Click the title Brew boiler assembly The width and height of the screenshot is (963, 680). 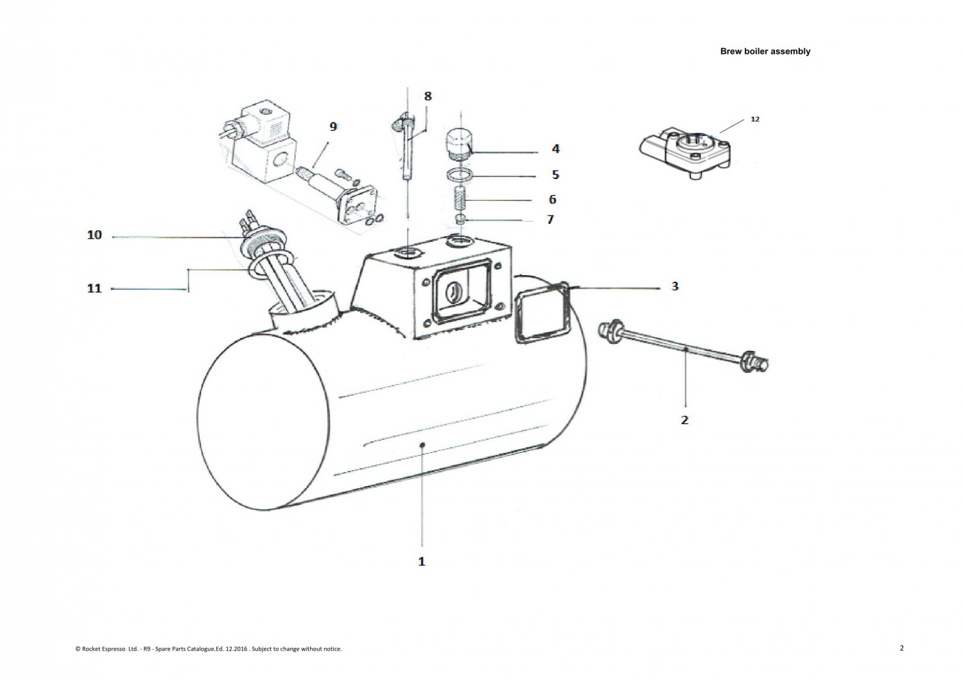pos(765,51)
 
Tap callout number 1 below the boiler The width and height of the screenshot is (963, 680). pos(422,561)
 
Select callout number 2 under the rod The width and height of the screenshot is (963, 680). pos(684,420)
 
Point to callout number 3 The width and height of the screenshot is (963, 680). pos(675,286)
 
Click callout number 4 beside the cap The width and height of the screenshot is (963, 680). pos(555,149)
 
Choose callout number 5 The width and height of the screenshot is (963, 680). pos(555,174)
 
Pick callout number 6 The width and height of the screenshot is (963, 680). pos(552,200)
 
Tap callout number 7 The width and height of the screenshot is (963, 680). pos(550,219)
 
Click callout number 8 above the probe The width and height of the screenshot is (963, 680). pos(428,96)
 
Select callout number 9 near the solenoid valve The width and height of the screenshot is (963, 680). pos(333,126)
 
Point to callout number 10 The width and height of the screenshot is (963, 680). pos(94,235)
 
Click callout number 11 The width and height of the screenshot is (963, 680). pos(94,289)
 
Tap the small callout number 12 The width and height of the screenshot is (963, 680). pos(755,119)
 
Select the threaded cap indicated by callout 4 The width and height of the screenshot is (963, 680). pos(458,144)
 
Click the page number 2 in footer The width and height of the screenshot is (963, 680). pos(901,648)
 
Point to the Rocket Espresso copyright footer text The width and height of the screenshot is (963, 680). pos(209,649)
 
